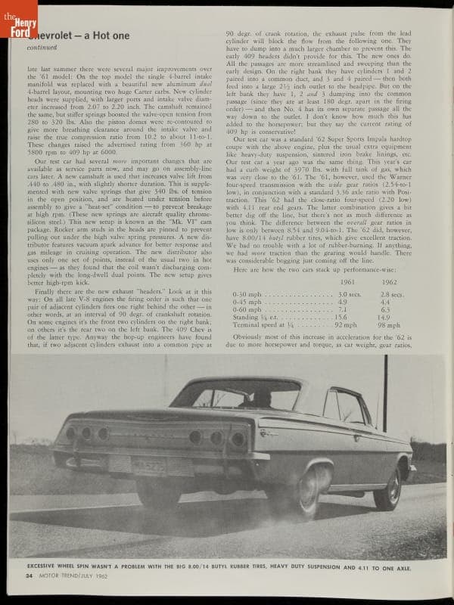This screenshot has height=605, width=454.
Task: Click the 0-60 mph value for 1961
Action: (x=342, y=309)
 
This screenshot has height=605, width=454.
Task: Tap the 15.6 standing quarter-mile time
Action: (x=343, y=318)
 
